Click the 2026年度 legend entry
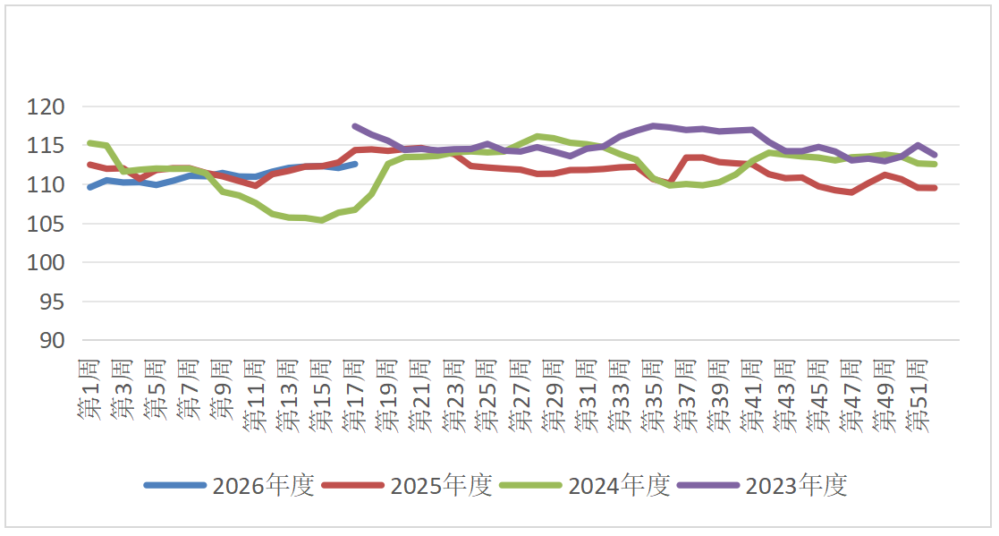[262, 486]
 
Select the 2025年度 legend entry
[440, 486]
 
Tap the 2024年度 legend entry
[618, 486]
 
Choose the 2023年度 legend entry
[795, 486]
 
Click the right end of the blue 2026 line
[355, 164]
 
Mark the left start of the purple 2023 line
[355, 126]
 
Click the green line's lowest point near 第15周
[322, 220]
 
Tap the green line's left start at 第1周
[89, 143]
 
